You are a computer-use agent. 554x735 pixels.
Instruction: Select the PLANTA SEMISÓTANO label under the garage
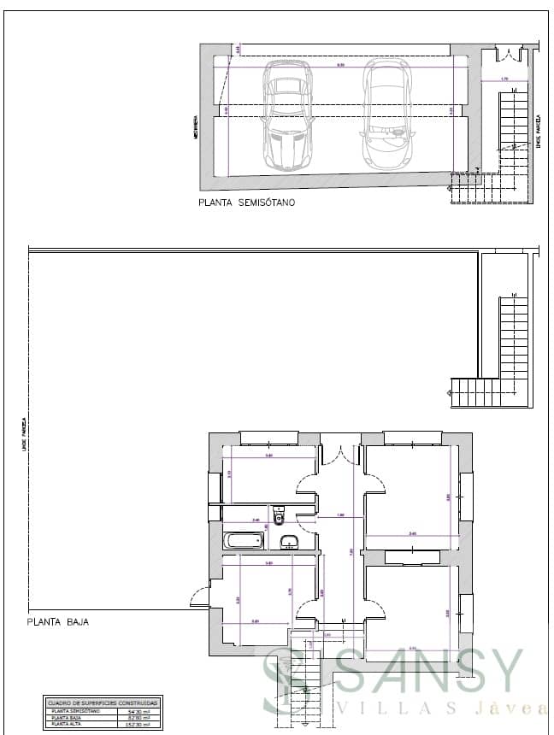[246, 203]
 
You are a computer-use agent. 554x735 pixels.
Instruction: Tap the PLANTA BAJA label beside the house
[58, 622]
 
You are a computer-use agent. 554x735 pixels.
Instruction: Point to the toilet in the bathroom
[279, 516]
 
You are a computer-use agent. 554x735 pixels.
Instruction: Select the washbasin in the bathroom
[291, 541]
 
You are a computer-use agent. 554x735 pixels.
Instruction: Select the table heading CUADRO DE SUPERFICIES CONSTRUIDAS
[103, 702]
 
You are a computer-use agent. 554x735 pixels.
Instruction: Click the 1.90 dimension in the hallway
[340, 515]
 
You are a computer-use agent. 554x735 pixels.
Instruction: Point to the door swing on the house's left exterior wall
[199, 591]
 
